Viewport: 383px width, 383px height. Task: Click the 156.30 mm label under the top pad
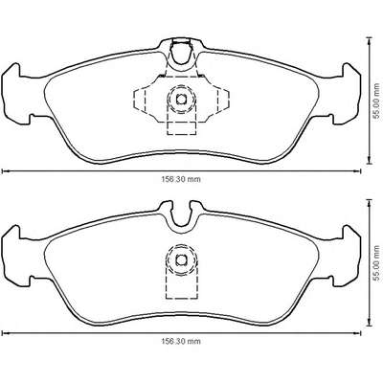(181, 179)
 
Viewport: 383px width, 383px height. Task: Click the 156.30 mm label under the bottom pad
(181, 341)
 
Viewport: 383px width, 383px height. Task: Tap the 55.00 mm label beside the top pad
(377, 101)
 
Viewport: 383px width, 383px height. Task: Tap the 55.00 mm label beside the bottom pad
(377, 262)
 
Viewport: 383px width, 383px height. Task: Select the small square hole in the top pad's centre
(181, 100)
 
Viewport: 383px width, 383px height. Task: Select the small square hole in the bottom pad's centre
(181, 260)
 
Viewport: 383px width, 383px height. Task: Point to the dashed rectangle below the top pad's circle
(181, 127)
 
